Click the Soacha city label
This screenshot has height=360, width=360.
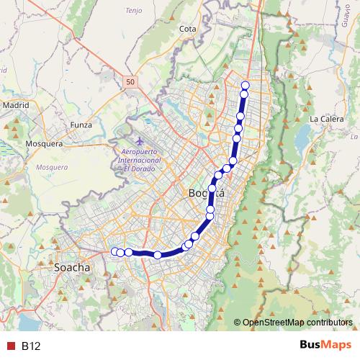click(72, 267)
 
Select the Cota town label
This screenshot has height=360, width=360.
click(187, 29)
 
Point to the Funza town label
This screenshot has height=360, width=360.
click(81, 125)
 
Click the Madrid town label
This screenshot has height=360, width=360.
click(15, 104)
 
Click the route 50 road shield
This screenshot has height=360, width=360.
click(130, 82)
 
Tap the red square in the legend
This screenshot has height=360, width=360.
click(10, 346)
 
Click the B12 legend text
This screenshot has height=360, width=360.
click(31, 346)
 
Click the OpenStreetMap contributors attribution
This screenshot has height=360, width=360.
click(296, 322)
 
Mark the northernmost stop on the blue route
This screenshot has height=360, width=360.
click(245, 85)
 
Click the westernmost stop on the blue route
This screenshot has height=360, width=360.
click(114, 251)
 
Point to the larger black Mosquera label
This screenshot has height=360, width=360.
click(45, 143)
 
